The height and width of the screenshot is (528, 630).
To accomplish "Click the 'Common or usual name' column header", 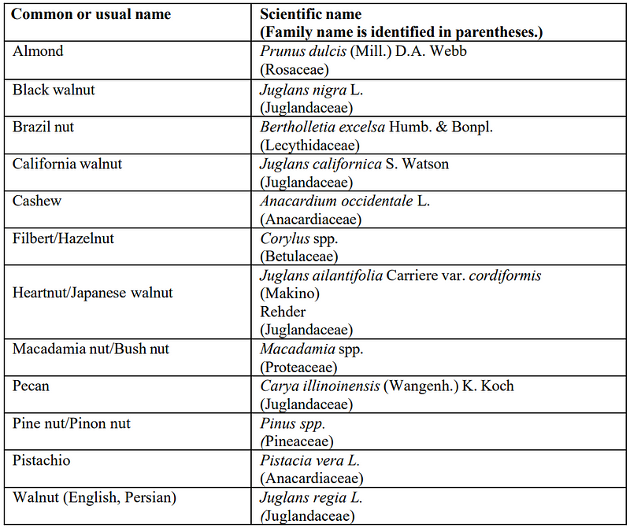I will tap(91, 15).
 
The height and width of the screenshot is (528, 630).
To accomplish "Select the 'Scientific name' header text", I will tap(310, 15).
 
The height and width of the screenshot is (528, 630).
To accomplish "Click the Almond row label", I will tap(38, 51).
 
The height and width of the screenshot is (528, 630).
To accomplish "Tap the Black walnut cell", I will tap(54, 90).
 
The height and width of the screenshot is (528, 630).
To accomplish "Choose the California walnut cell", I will tap(68, 164).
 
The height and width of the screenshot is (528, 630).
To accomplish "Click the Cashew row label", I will tap(37, 201).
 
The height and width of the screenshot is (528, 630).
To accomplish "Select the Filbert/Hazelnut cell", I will tap(63, 238).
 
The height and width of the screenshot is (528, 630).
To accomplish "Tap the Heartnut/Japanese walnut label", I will tap(93, 293).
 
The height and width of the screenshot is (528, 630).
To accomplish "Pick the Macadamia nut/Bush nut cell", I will tap(91, 349).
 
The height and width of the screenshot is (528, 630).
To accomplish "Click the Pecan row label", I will tap(33, 386).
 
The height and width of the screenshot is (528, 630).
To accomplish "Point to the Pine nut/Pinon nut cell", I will tap(72, 423).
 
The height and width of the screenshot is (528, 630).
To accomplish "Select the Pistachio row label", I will tap(43, 460).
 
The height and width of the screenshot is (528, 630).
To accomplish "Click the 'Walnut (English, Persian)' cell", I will tap(94, 497).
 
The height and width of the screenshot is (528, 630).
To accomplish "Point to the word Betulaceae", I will tap(298, 257).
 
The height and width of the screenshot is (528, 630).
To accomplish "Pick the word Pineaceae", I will tap(297, 442).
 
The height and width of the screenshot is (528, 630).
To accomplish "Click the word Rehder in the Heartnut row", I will tap(283, 312).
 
